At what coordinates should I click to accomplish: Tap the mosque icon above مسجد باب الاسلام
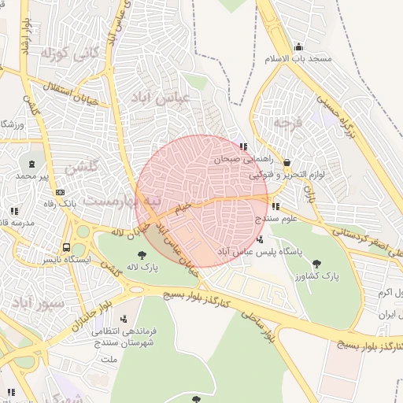(x=298, y=46)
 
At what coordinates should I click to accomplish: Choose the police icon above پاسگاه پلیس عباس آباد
(x=261, y=239)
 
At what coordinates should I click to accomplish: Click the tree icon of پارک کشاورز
(x=316, y=264)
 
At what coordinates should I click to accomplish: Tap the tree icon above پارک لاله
(x=142, y=255)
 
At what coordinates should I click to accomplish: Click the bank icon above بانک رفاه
(x=60, y=193)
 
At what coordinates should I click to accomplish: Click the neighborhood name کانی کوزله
(x=71, y=54)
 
